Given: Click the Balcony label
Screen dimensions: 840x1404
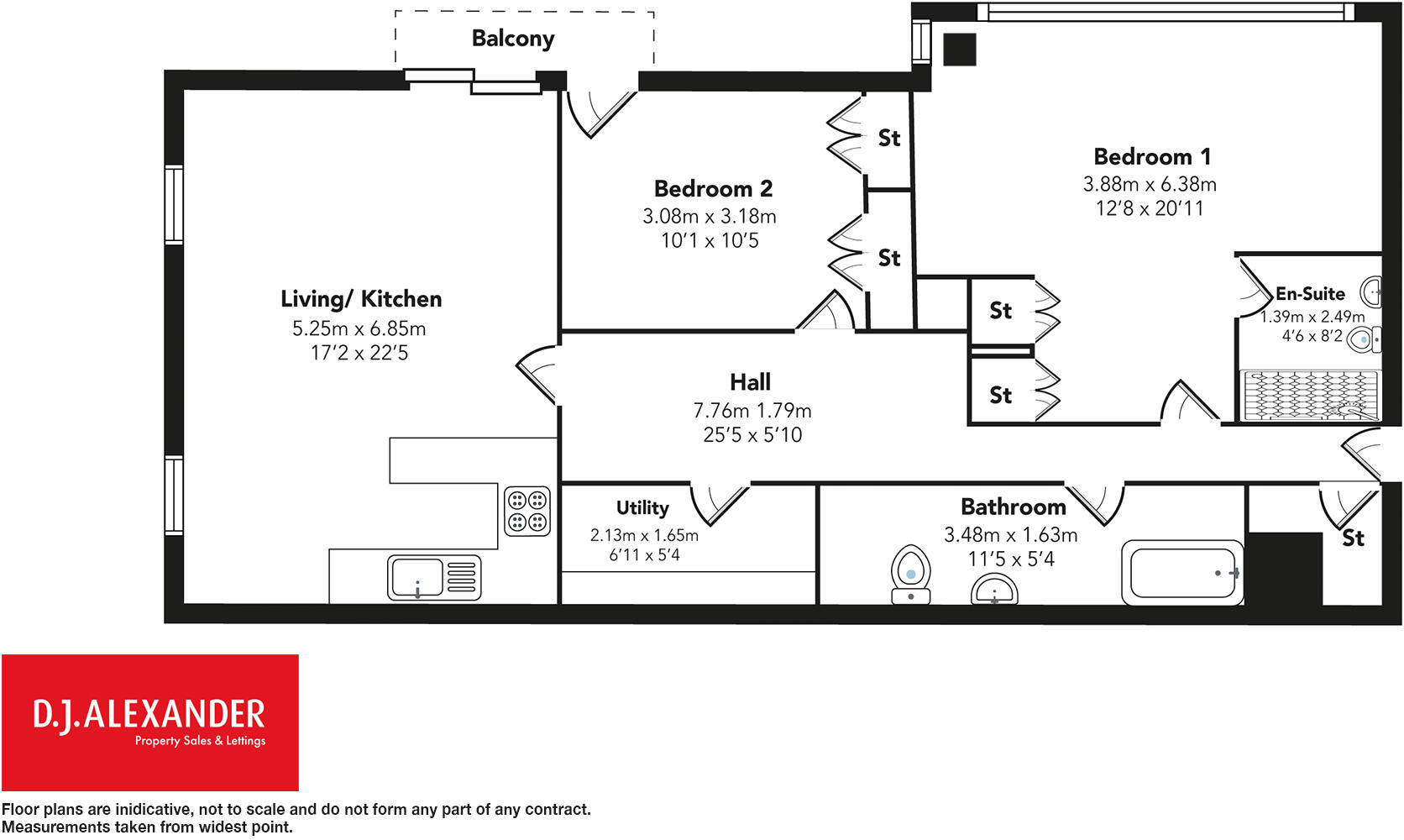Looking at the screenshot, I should pos(512,39).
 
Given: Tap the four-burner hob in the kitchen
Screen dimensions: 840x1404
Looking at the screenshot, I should pos(527,512).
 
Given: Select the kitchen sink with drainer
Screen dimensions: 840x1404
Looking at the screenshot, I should pos(434,577).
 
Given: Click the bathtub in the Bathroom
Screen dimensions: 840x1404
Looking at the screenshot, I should pos(1182,573).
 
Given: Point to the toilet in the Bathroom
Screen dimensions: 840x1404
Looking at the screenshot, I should pos(911,575).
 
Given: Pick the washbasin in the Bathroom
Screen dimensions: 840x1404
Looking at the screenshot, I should pos(994,590).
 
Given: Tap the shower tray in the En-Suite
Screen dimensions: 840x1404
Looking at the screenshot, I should pos(1310,395).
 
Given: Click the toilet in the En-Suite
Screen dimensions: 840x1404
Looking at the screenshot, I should pos(1365,340).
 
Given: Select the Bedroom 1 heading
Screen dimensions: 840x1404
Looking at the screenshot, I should pos(1152,157).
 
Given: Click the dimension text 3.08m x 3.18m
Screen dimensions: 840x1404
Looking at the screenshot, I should pos(710,216).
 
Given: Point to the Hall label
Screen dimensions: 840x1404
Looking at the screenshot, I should pos(750,382).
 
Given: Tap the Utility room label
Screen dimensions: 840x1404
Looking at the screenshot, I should pos(642,508).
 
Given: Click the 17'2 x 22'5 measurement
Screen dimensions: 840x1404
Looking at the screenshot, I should pos(359,353).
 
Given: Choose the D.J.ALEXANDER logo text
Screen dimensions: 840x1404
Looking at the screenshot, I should pos(149,715).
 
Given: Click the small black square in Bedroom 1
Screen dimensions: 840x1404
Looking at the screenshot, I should pos(960,50).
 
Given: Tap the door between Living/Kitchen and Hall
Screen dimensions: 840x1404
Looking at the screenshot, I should pos(537,374).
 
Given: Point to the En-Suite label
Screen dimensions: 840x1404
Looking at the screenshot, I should pos(1310,294).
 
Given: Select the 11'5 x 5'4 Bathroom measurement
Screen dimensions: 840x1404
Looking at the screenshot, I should pos(1011,559).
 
